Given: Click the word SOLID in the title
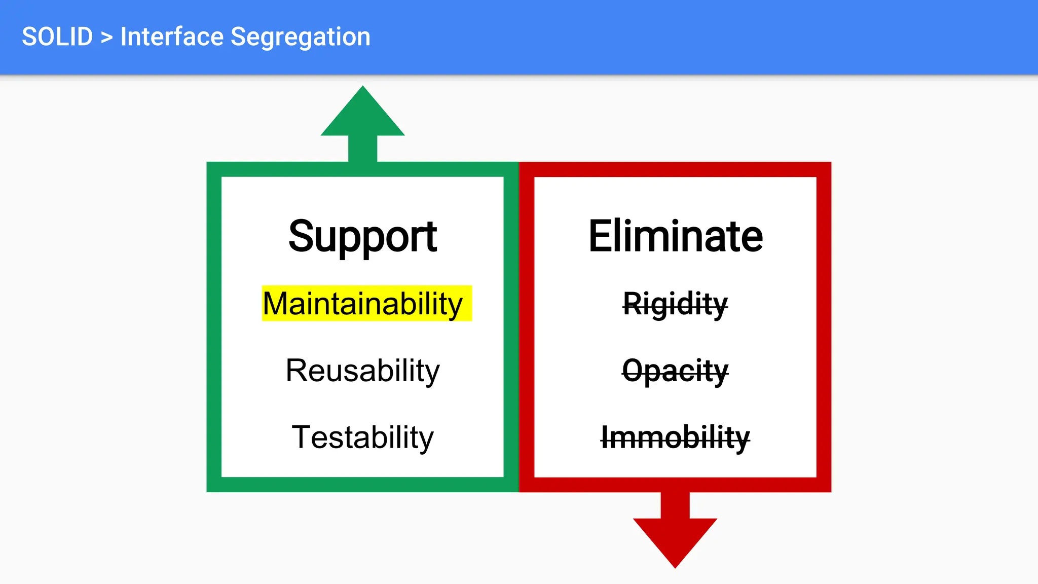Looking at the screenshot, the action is pos(57,37).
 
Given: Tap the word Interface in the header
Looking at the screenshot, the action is pos(172,37).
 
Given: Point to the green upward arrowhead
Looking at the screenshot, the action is pos(363,114).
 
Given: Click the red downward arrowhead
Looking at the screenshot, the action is pos(675,540).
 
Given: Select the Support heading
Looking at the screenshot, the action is pos(362,236).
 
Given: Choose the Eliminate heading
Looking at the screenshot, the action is pos(675,236).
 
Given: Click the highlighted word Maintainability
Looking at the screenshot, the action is pos(363,304).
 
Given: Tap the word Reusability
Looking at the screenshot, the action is pos(362,371).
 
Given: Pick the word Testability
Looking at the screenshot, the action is pos(362,437).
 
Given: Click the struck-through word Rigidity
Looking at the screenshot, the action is pos(675,304).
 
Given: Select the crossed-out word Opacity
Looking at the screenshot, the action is pos(675,371).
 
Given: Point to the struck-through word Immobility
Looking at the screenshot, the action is pos(675,437).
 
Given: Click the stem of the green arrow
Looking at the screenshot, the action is pos(363,149).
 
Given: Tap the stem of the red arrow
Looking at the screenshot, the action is pos(675,505).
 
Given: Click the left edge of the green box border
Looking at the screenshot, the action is pos(214,327).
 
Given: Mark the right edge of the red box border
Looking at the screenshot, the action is pos(824,327).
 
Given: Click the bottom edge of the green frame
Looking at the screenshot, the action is pos(362,485).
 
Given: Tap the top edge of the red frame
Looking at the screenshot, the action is pos(675,169).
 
